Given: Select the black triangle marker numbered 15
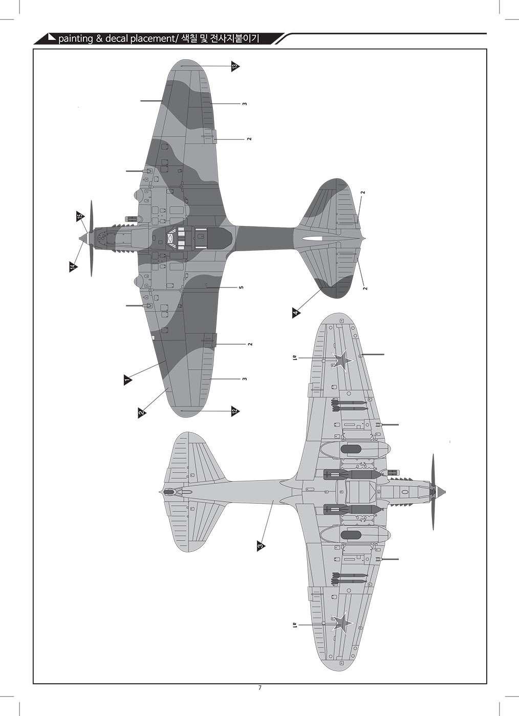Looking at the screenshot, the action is pyautogui.click(x=79, y=216).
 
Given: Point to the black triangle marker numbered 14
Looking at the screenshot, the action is pyautogui.click(x=73, y=266).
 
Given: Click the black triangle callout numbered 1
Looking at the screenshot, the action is pyautogui.click(x=126, y=379).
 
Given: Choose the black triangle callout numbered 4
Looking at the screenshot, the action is pyautogui.click(x=296, y=313).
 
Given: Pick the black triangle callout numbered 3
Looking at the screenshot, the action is pyautogui.click(x=261, y=546).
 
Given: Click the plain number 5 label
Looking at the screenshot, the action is pyautogui.click(x=241, y=287).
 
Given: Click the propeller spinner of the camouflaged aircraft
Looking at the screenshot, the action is pyautogui.click(x=82, y=238).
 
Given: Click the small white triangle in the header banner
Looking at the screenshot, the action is pyautogui.click(x=52, y=37).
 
